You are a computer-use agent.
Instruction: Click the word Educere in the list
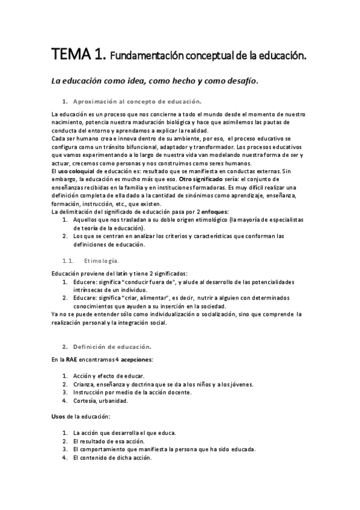[x=86, y=281]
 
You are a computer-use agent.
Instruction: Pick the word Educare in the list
[x=86, y=298]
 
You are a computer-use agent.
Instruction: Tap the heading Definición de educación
[x=112, y=346]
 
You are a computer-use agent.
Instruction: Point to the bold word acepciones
[x=136, y=359]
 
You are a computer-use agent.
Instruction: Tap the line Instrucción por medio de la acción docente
[x=132, y=392]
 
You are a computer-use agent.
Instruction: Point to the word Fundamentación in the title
[x=148, y=57]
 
